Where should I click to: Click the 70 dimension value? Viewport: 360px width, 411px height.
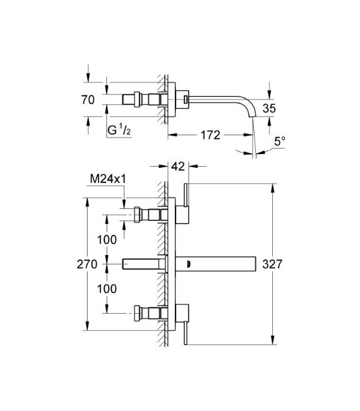88,99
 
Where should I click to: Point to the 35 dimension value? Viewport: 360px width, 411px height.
269,108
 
